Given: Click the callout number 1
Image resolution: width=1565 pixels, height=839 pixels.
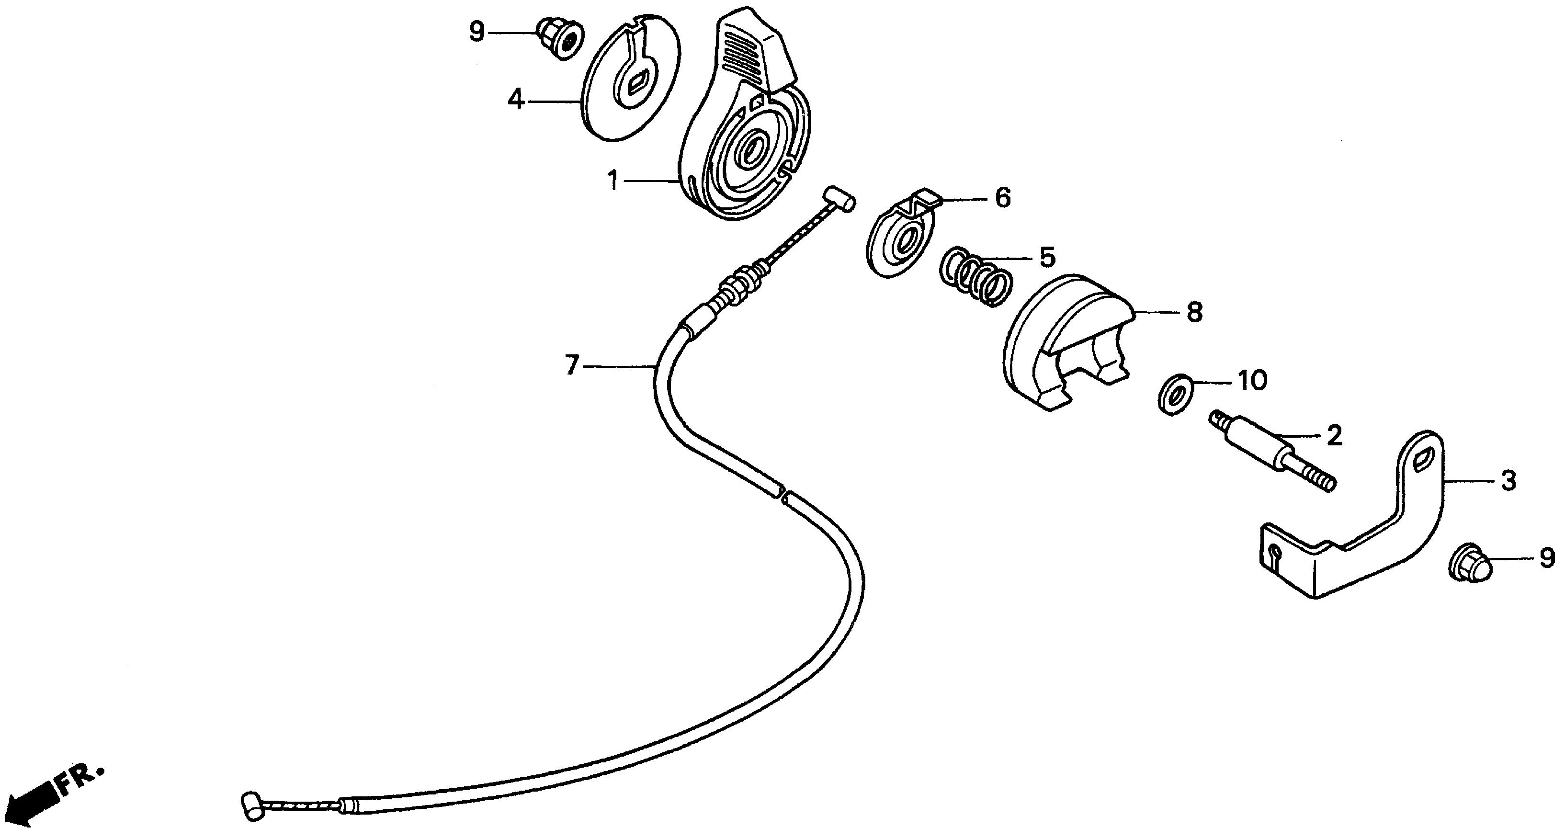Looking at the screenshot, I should click(613, 181).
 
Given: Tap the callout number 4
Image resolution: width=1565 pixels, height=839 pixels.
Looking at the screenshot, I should click(515, 100).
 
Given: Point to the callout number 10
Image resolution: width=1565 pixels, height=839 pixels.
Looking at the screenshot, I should click(1252, 381).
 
